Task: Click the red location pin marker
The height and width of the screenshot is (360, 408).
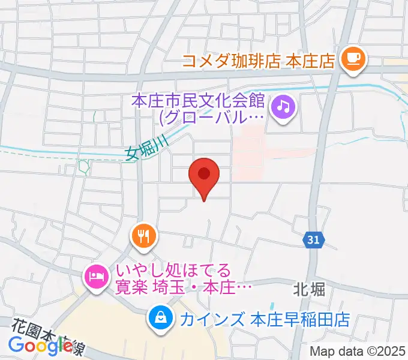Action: [x=204, y=175]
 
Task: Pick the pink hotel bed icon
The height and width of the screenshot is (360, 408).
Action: [x=96, y=277]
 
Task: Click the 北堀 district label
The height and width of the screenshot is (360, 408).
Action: [x=310, y=290]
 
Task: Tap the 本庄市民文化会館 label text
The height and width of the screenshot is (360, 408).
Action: [x=198, y=98]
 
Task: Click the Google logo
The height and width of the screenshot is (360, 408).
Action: [x=40, y=345]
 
